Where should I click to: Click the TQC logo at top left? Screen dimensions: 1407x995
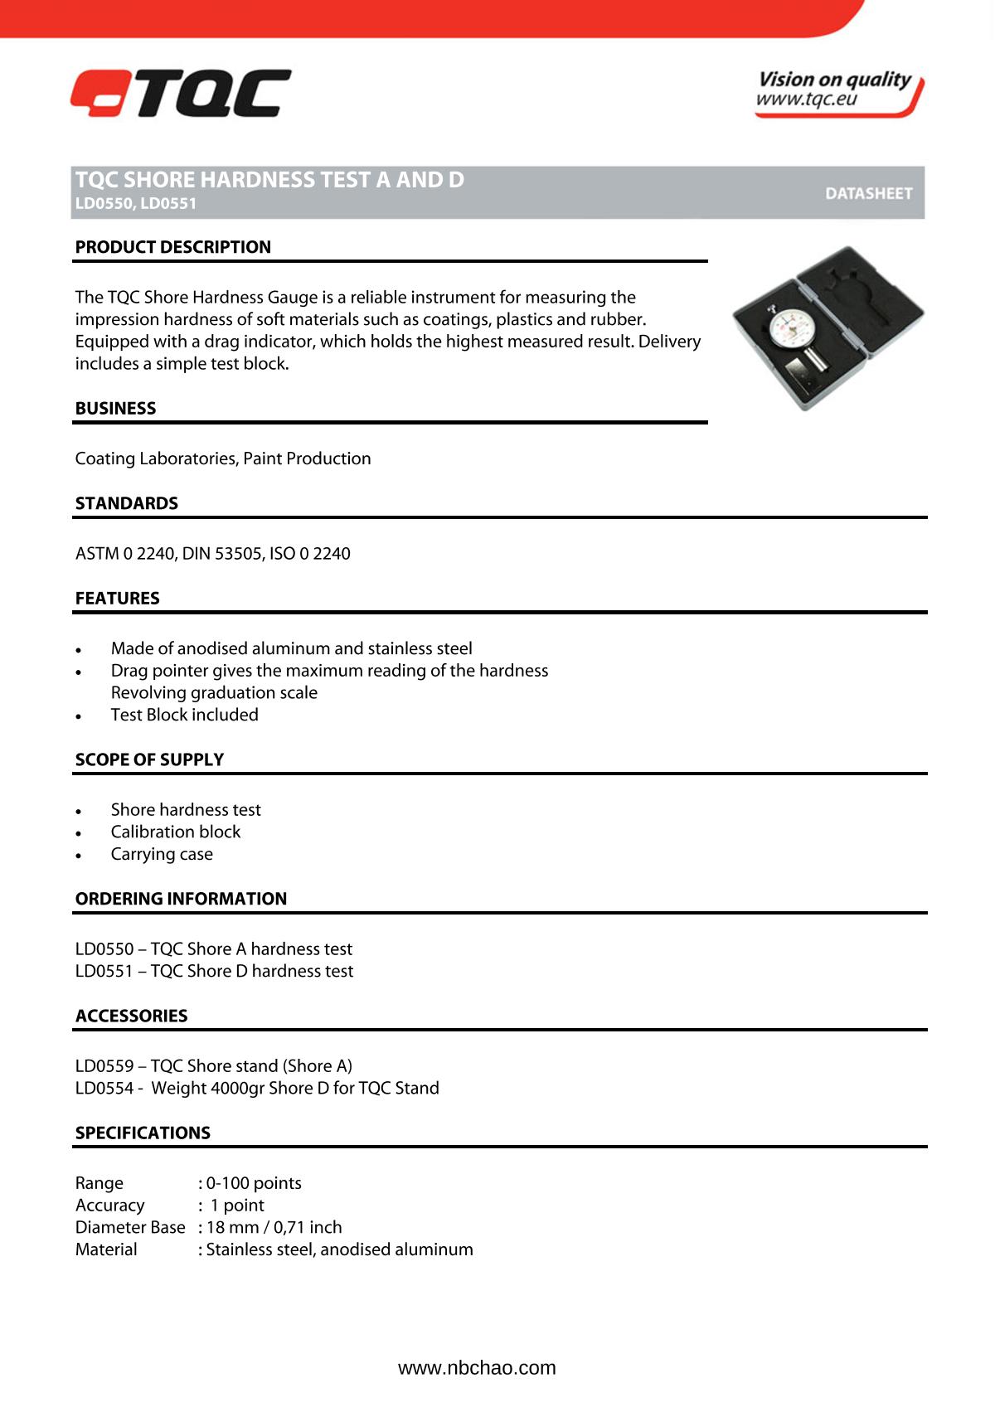coord(181,93)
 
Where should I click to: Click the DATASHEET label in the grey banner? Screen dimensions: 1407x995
coord(868,193)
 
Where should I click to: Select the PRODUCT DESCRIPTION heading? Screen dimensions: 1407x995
coord(172,247)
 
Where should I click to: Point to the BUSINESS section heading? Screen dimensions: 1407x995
coord(115,408)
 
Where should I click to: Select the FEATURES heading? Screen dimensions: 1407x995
coord(117,598)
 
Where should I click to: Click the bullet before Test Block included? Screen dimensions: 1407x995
coord(79,716)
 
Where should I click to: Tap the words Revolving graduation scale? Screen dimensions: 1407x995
coord(214,692)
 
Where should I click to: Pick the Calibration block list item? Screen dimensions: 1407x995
coord(175,832)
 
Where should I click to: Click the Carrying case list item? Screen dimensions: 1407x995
coord(162,854)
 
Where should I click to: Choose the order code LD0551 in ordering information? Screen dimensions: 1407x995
coord(104,971)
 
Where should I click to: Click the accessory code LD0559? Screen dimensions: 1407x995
coord(104,1065)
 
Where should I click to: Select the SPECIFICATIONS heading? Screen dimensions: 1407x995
coord(143,1133)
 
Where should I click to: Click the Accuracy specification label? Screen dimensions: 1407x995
coord(109,1205)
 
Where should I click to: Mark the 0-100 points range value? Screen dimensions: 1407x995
coord(254,1183)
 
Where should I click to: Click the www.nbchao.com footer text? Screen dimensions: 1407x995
coord(477,1368)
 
